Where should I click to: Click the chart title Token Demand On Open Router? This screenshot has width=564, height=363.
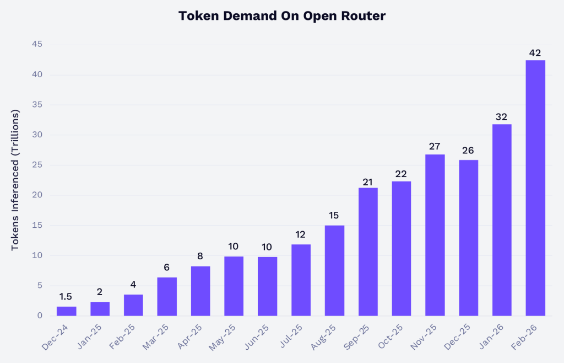coord(281,16)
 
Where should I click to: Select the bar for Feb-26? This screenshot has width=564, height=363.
coord(535,188)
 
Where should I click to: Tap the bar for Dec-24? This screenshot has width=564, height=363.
coord(67,311)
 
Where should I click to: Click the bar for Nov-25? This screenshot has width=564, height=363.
coord(435,235)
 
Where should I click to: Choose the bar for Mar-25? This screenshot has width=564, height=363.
coord(167,296)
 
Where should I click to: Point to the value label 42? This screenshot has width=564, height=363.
coord(535,53)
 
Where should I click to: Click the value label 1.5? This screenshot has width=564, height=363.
coord(66,297)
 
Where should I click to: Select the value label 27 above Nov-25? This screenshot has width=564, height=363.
coord(435,146)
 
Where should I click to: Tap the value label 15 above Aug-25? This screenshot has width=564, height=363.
coord(334,215)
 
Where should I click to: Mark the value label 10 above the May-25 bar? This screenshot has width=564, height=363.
coord(234,246)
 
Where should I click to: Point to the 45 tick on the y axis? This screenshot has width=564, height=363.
coord(37,45)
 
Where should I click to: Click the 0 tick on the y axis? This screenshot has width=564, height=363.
coord(40,316)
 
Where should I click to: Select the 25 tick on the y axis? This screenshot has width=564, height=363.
coord(37,165)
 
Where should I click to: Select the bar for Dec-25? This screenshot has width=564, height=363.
coord(468,238)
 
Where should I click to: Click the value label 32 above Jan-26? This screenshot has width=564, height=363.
coord(502,116)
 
